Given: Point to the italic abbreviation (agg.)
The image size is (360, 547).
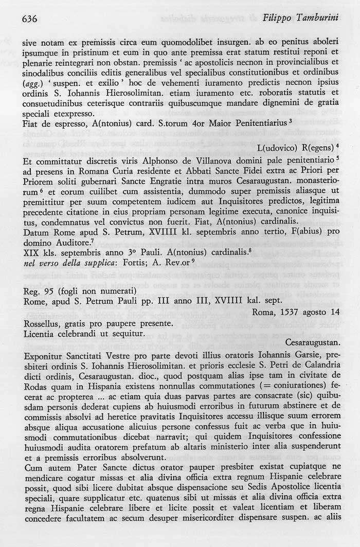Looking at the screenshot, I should coord(34,83).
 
